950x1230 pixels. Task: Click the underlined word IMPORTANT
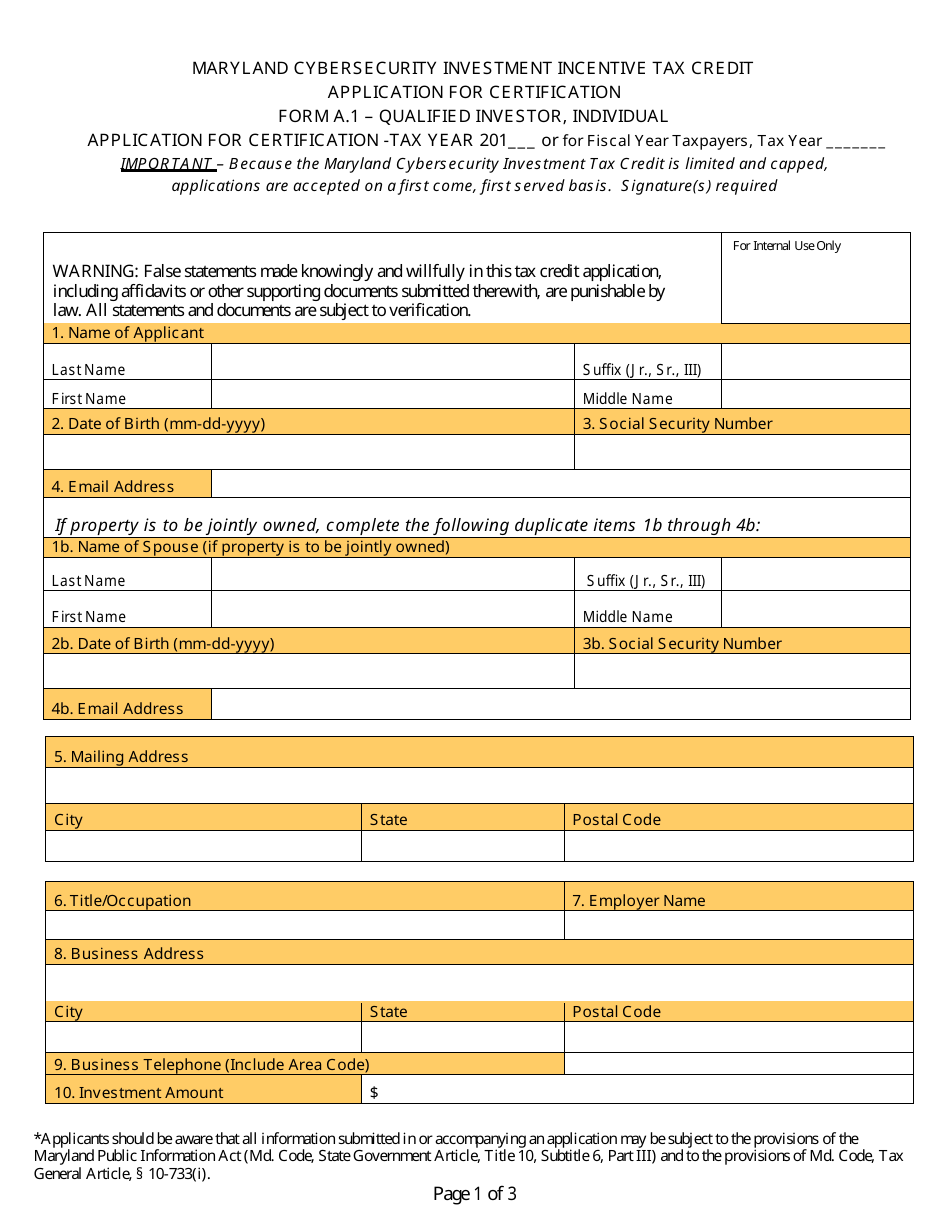click(x=166, y=164)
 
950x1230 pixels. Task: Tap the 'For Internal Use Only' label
click(x=786, y=246)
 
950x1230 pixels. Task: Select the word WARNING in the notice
click(x=95, y=271)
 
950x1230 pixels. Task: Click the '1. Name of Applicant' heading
click(x=128, y=333)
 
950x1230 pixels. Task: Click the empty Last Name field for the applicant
click(x=392, y=363)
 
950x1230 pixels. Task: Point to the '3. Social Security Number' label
click(x=677, y=424)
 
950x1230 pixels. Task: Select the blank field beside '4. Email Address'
click(x=560, y=484)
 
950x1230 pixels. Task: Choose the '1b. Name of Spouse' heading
click(x=251, y=547)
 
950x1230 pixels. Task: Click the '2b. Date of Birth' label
click(x=163, y=644)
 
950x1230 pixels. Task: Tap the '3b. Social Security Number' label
click(x=682, y=644)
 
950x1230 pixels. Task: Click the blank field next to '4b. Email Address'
click(x=560, y=704)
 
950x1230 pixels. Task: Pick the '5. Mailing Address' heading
click(x=121, y=757)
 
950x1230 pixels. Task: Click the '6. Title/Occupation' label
click(x=122, y=901)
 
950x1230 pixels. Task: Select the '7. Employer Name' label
click(x=638, y=901)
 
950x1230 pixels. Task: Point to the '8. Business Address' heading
click(x=129, y=954)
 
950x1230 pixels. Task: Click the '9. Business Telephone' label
click(x=212, y=1065)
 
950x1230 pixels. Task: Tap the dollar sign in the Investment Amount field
click(x=374, y=1093)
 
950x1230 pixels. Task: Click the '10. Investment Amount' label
click(x=139, y=1093)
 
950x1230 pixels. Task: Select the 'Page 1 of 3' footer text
click(x=474, y=1194)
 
